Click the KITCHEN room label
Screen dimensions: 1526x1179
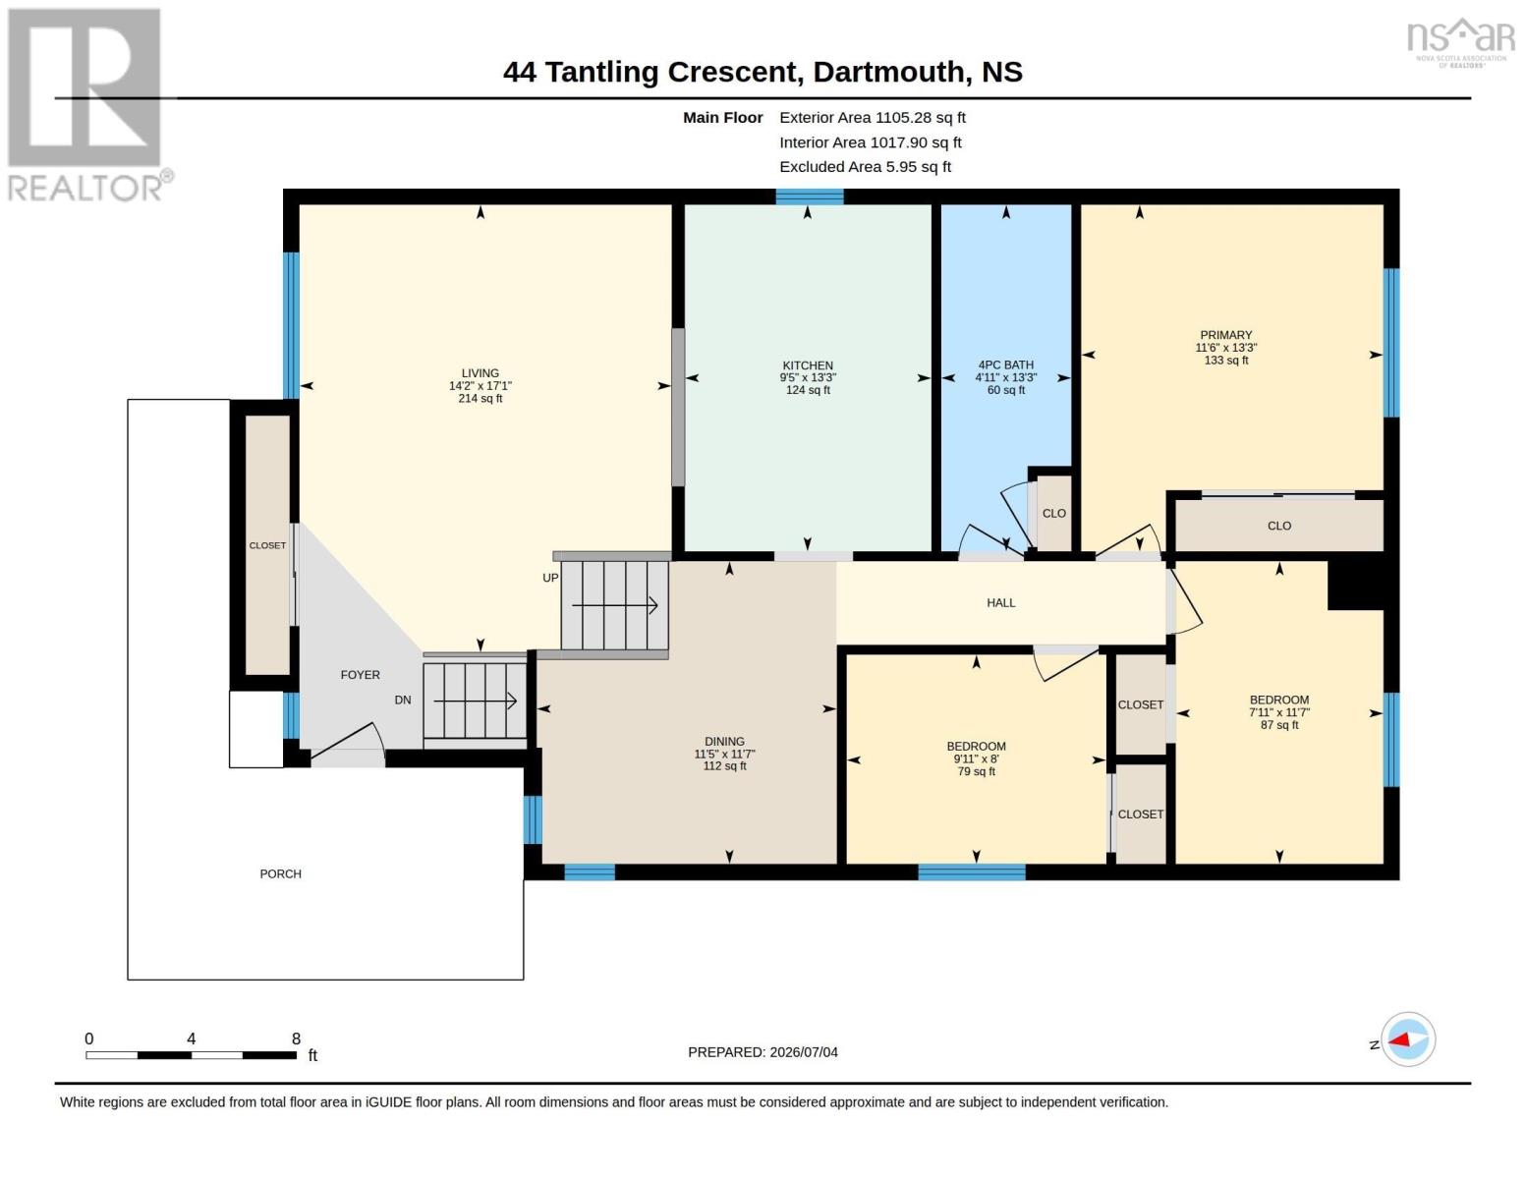(808, 365)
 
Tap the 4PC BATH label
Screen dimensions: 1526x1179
(1005, 365)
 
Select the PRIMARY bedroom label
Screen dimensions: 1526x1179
(1225, 335)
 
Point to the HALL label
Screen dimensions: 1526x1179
(1000, 602)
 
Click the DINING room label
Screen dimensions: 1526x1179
(724, 742)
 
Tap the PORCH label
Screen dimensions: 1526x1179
(280, 874)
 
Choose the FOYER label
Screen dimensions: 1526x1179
(361, 675)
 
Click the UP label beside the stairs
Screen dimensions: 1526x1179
(550, 578)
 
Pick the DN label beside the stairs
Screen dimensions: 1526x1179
(403, 701)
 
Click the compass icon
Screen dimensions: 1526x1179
(1408, 1039)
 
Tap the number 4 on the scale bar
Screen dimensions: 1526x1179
(191, 1039)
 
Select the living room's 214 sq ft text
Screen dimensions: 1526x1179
(480, 398)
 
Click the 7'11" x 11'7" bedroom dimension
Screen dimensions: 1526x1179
(1278, 712)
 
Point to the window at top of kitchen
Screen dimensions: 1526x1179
(809, 196)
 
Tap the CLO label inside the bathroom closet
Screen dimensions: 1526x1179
(1053, 513)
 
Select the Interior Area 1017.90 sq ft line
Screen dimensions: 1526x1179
(870, 142)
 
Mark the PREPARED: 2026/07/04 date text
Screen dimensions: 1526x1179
(763, 1052)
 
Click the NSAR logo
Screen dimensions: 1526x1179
(1461, 42)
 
